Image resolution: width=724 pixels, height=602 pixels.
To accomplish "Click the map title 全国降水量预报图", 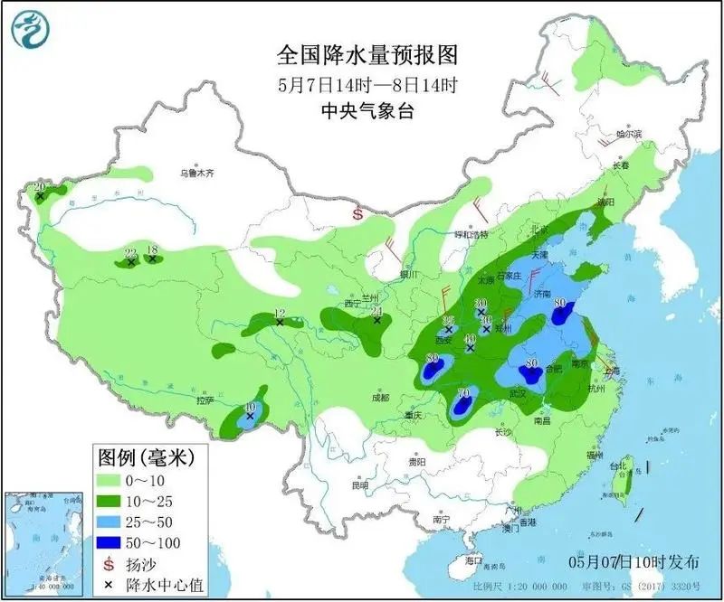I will (367, 55).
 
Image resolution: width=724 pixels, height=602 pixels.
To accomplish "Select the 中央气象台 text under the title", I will (367, 110).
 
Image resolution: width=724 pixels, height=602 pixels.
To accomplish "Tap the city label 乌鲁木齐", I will (196, 172).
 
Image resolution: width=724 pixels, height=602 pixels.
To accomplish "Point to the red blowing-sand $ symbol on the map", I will (357, 215).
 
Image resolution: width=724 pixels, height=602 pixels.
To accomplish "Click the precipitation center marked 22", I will (130, 260).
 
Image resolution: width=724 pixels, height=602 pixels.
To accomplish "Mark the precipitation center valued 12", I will (280, 321).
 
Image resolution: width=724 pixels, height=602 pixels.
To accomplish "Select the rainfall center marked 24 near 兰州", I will (376, 319).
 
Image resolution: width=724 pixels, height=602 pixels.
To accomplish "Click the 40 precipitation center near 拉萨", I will (250, 415).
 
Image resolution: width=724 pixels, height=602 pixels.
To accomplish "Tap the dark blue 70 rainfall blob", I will (462, 407).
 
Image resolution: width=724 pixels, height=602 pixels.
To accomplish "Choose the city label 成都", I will (377, 397).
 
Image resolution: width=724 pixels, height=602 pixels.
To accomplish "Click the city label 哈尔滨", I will (628, 134).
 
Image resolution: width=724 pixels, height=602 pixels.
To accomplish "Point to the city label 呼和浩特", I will (470, 234).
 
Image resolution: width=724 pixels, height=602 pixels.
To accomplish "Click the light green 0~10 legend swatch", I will (115, 478).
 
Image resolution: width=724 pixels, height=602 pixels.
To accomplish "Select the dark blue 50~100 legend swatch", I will (115, 542).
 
